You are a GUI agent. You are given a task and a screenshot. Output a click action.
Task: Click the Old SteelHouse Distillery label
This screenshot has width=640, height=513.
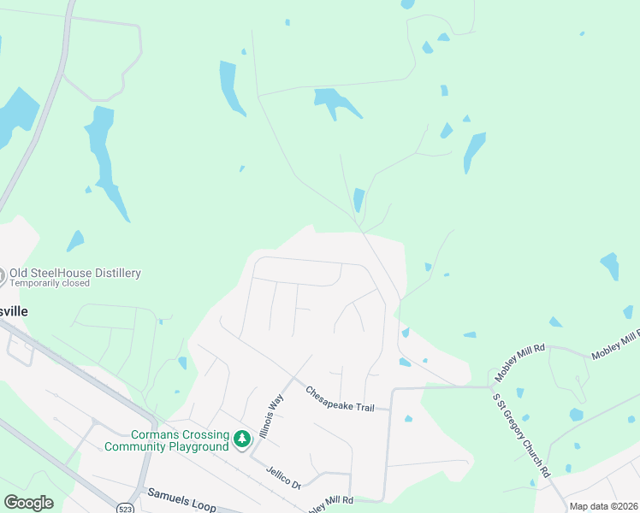[x=74, y=273]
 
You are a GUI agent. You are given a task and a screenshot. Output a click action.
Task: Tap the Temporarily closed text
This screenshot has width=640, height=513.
[x=49, y=283]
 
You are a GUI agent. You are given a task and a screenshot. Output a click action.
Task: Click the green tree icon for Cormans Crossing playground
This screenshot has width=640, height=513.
[x=242, y=439]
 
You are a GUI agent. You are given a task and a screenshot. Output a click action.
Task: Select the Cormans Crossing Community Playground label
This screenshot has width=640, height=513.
[x=167, y=439]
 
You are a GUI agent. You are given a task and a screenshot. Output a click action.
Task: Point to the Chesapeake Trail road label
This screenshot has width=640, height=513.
[x=340, y=398]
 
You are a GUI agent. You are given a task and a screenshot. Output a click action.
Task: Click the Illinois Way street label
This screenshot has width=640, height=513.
[x=270, y=416]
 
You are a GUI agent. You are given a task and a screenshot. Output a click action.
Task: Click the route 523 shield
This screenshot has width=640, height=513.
[x=125, y=506]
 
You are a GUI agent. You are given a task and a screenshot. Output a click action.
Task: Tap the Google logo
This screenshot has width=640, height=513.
[x=28, y=503]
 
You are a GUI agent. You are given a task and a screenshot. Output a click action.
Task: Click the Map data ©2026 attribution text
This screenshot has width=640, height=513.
[x=603, y=506]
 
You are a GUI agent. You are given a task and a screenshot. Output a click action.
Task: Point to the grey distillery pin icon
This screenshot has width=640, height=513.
[x=2, y=275]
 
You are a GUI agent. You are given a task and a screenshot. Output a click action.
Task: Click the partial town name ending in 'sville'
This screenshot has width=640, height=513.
[x=14, y=311]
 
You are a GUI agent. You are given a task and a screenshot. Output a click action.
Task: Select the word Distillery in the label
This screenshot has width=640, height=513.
[x=112, y=273]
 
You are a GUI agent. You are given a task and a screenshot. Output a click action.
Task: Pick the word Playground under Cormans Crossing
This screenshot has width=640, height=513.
[x=199, y=445]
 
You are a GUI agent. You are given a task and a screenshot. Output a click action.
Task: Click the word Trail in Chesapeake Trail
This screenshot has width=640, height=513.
[x=361, y=406]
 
